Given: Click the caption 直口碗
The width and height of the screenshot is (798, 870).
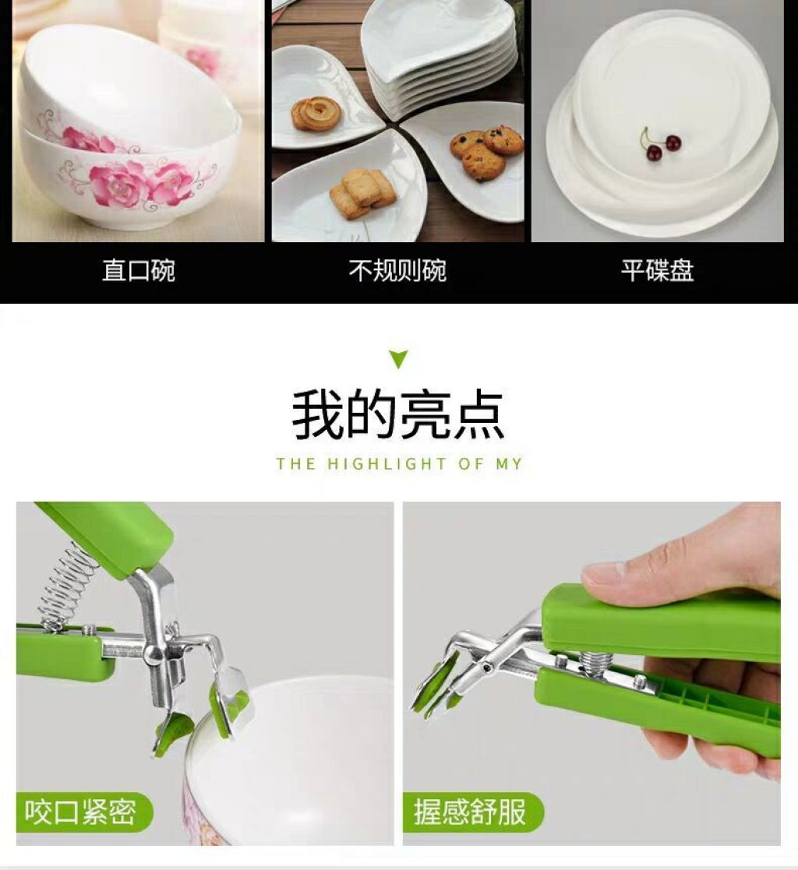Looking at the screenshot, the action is [138, 271].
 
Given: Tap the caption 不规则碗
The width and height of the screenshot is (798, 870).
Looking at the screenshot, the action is [397, 271].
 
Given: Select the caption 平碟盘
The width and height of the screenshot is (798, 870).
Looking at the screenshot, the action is [657, 271].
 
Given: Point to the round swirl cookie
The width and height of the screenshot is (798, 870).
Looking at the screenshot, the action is [316, 113].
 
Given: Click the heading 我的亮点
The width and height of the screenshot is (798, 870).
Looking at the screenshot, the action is [398, 415].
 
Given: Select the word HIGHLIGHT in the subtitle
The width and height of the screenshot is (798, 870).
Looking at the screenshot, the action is [387, 464].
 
